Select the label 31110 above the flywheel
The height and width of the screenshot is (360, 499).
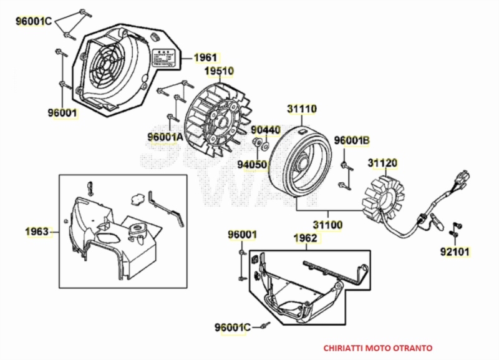[x=302, y=109]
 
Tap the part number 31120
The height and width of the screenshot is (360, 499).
[x=382, y=163]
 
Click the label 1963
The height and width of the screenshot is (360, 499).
[x=37, y=232]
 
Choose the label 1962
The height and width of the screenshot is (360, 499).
[x=305, y=238]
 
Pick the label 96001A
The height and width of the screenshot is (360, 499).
[x=165, y=136]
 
